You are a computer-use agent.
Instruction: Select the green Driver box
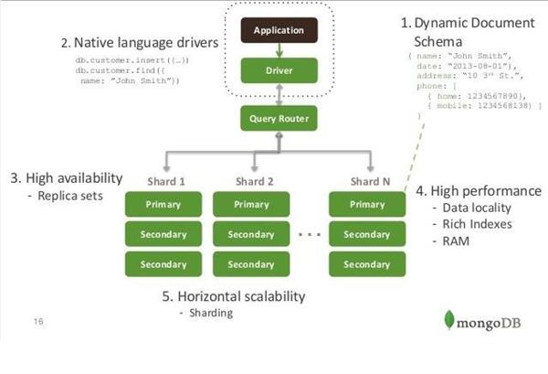click(278, 69)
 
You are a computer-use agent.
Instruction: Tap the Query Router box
click(278, 117)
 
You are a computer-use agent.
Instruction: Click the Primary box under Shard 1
click(163, 204)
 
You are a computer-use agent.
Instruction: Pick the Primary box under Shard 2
click(251, 204)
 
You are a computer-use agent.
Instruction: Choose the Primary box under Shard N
click(367, 204)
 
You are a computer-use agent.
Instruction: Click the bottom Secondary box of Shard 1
click(163, 265)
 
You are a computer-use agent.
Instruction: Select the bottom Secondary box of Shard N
click(367, 265)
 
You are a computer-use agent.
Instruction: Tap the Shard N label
click(369, 181)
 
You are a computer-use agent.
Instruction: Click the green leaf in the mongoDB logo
click(449, 320)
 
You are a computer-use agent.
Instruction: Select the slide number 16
click(37, 322)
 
